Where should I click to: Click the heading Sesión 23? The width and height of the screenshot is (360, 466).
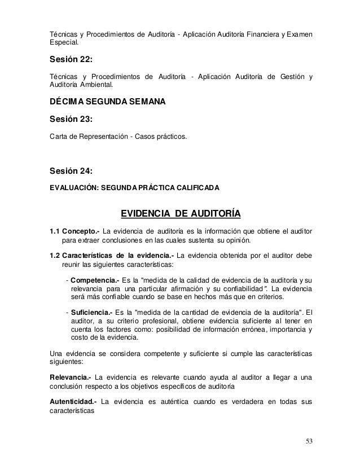pyautogui.click(x=71, y=120)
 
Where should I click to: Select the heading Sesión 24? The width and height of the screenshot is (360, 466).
pyautogui.click(x=71, y=170)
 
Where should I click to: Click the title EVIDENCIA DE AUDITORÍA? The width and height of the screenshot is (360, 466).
pyautogui.click(x=181, y=214)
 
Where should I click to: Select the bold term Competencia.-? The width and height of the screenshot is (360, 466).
pyautogui.click(x=93, y=280)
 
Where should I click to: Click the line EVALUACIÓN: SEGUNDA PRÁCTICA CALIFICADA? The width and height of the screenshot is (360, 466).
pyautogui.click(x=135, y=187)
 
